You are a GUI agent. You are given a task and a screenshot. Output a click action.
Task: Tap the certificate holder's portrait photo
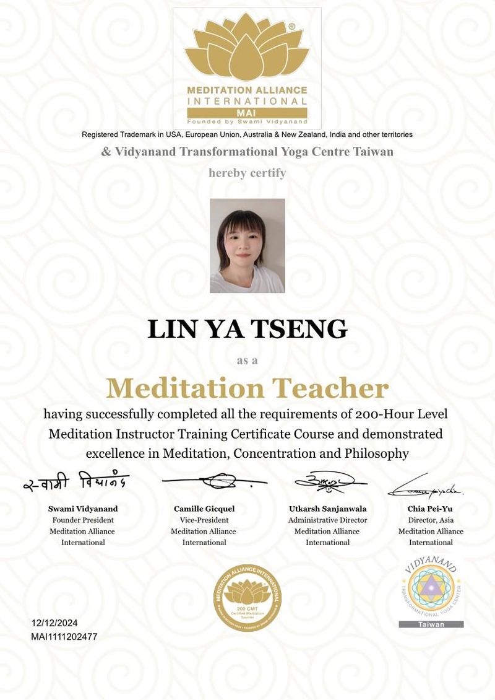pyautogui.click(x=247, y=245)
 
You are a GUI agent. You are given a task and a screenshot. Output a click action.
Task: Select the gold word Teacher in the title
pyautogui.click(x=332, y=388)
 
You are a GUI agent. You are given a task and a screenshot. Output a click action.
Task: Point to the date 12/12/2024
pyautogui.click(x=54, y=623)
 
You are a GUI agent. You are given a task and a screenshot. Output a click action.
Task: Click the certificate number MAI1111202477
pyautogui.click(x=64, y=636)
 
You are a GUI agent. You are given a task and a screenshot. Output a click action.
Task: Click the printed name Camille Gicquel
pyautogui.click(x=204, y=509)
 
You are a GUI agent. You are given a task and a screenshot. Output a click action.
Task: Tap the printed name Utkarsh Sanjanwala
pyautogui.click(x=328, y=509)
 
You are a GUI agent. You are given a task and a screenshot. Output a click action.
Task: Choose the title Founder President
pyautogui.click(x=83, y=520)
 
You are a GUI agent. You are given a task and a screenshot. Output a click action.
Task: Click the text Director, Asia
pyautogui.click(x=431, y=520)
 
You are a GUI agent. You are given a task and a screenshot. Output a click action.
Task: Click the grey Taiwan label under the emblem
pyautogui.click(x=431, y=624)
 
